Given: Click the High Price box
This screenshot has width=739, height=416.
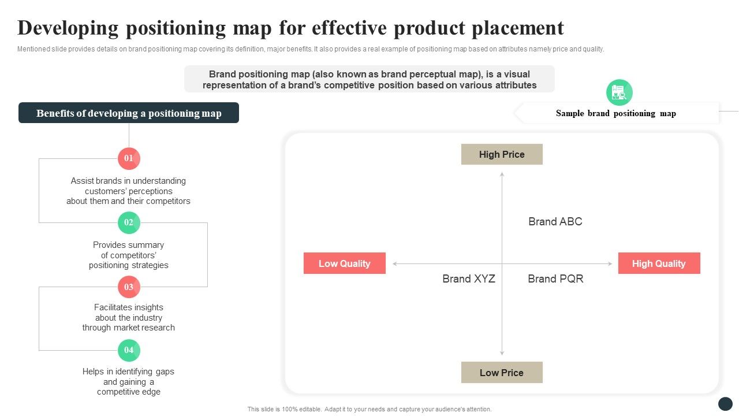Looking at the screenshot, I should [x=502, y=154].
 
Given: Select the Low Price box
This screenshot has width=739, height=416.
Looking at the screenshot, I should [x=502, y=373].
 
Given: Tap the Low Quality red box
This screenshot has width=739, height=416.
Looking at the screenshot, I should [x=344, y=263].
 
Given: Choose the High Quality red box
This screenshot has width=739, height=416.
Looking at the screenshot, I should [x=659, y=263].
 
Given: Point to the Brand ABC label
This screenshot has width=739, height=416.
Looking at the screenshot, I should [x=555, y=221].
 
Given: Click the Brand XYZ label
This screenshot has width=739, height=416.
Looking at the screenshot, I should [x=469, y=278].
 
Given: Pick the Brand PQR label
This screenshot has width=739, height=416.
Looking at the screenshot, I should [x=555, y=278].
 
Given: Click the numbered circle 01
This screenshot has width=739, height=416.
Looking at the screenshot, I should [x=129, y=158].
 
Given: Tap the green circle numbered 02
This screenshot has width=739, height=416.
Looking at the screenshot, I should [x=129, y=222].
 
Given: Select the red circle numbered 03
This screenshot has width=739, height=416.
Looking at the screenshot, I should [x=129, y=287].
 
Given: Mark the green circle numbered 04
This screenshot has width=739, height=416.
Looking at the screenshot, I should [x=129, y=350].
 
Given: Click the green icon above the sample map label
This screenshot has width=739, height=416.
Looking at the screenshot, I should [x=619, y=92].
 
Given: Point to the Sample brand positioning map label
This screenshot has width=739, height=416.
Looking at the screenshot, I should [x=615, y=113].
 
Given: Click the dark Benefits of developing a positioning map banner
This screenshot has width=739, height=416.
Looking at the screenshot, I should [x=129, y=113].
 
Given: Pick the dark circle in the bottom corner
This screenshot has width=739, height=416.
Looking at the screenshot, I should [x=725, y=404].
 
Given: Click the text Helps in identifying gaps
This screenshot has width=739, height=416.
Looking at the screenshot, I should [x=128, y=372].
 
